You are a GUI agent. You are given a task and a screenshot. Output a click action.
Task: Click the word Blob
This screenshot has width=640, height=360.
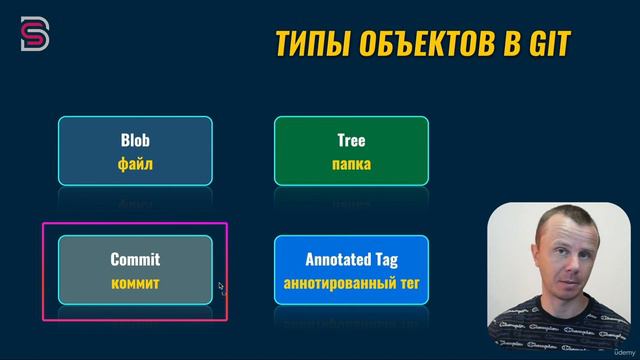tap(135, 141)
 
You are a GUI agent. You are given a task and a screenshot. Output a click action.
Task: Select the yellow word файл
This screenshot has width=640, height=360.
tap(135, 164)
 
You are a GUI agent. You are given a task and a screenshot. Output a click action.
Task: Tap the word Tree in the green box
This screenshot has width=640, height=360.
tap(351, 141)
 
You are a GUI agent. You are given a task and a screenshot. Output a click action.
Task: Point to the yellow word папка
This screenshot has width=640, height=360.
tap(351, 164)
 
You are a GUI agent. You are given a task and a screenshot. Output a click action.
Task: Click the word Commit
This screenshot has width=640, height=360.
tap(135, 260)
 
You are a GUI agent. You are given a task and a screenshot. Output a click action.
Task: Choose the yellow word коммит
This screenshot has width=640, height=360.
tap(135, 283)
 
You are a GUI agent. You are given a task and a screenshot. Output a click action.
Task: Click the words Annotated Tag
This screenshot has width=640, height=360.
tap(351, 260)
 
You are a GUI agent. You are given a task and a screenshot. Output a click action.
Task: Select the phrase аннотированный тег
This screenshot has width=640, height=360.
tap(351, 283)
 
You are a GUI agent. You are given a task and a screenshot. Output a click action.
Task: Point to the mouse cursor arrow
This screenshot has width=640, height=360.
tap(221, 287)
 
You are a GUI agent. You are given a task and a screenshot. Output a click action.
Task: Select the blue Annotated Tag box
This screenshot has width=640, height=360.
tap(351, 270)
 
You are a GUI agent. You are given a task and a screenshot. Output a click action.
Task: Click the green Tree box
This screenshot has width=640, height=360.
tap(351, 151)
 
